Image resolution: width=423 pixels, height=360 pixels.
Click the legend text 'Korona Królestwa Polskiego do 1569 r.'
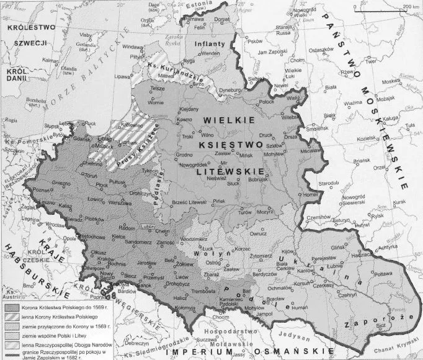point(58,307)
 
